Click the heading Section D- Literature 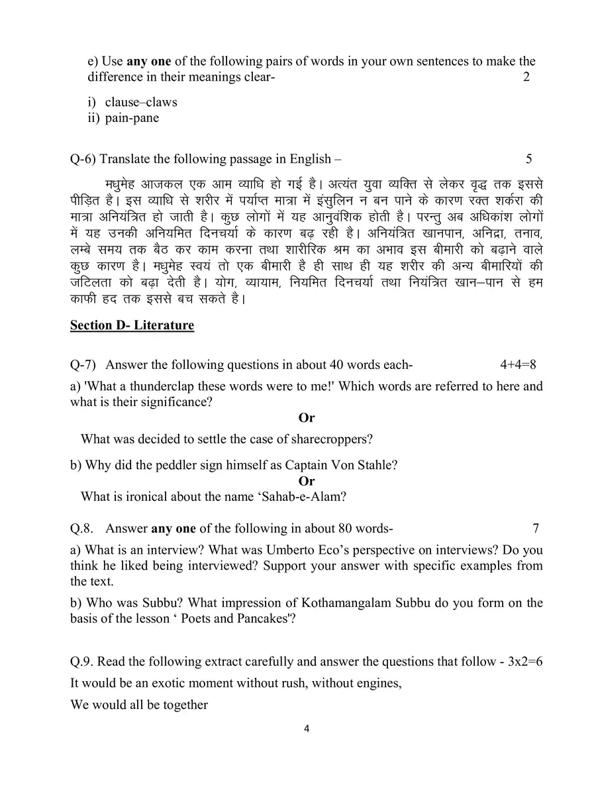click(132, 325)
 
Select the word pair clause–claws click(140, 103)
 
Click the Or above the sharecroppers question click(307, 417)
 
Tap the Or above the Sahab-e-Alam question click(307, 481)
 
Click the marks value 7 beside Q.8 click(535, 528)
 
